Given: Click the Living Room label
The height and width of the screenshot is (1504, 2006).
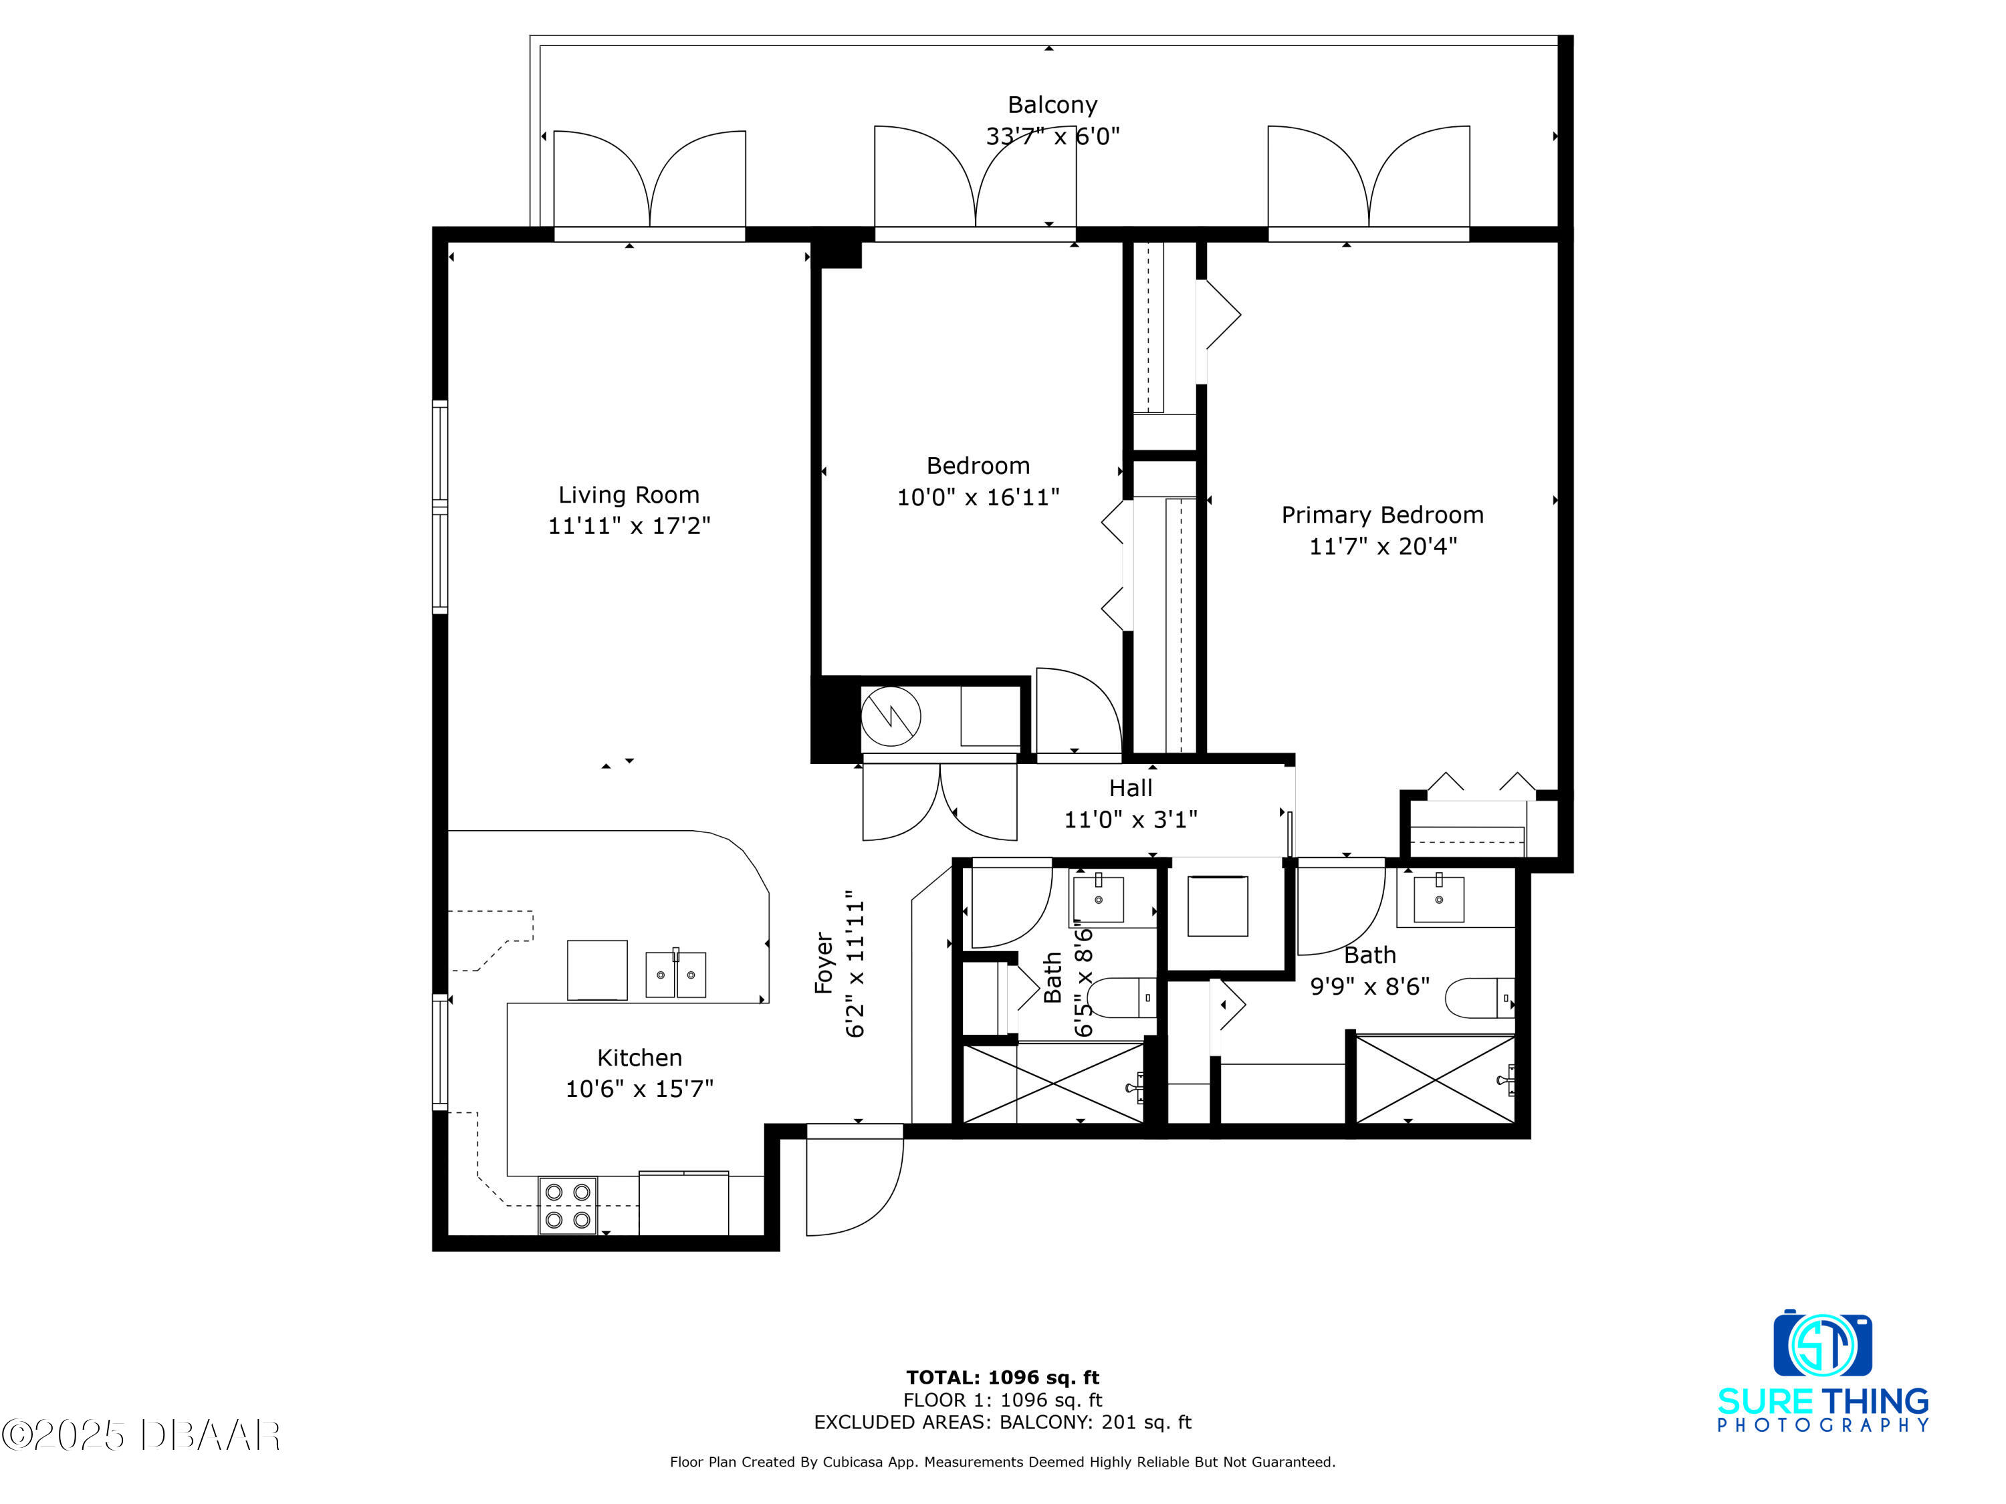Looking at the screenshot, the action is coord(629,495).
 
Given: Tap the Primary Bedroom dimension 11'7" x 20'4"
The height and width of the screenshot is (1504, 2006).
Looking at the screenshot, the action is coord(1382,545).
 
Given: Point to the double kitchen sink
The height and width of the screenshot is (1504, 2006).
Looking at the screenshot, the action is coord(675,974).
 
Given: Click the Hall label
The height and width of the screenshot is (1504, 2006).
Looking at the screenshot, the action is coord(1130,788).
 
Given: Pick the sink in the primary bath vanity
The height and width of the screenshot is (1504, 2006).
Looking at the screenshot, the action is coord(1438,898).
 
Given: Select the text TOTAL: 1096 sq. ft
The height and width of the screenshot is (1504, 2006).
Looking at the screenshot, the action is coord(1002,1378).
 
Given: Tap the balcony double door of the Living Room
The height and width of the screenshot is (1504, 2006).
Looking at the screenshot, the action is coord(649,181).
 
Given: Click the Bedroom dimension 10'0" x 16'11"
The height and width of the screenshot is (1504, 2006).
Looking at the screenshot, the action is coord(978,497).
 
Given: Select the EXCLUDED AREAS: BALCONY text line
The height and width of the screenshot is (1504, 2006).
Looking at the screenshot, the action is coord(1002,1422).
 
